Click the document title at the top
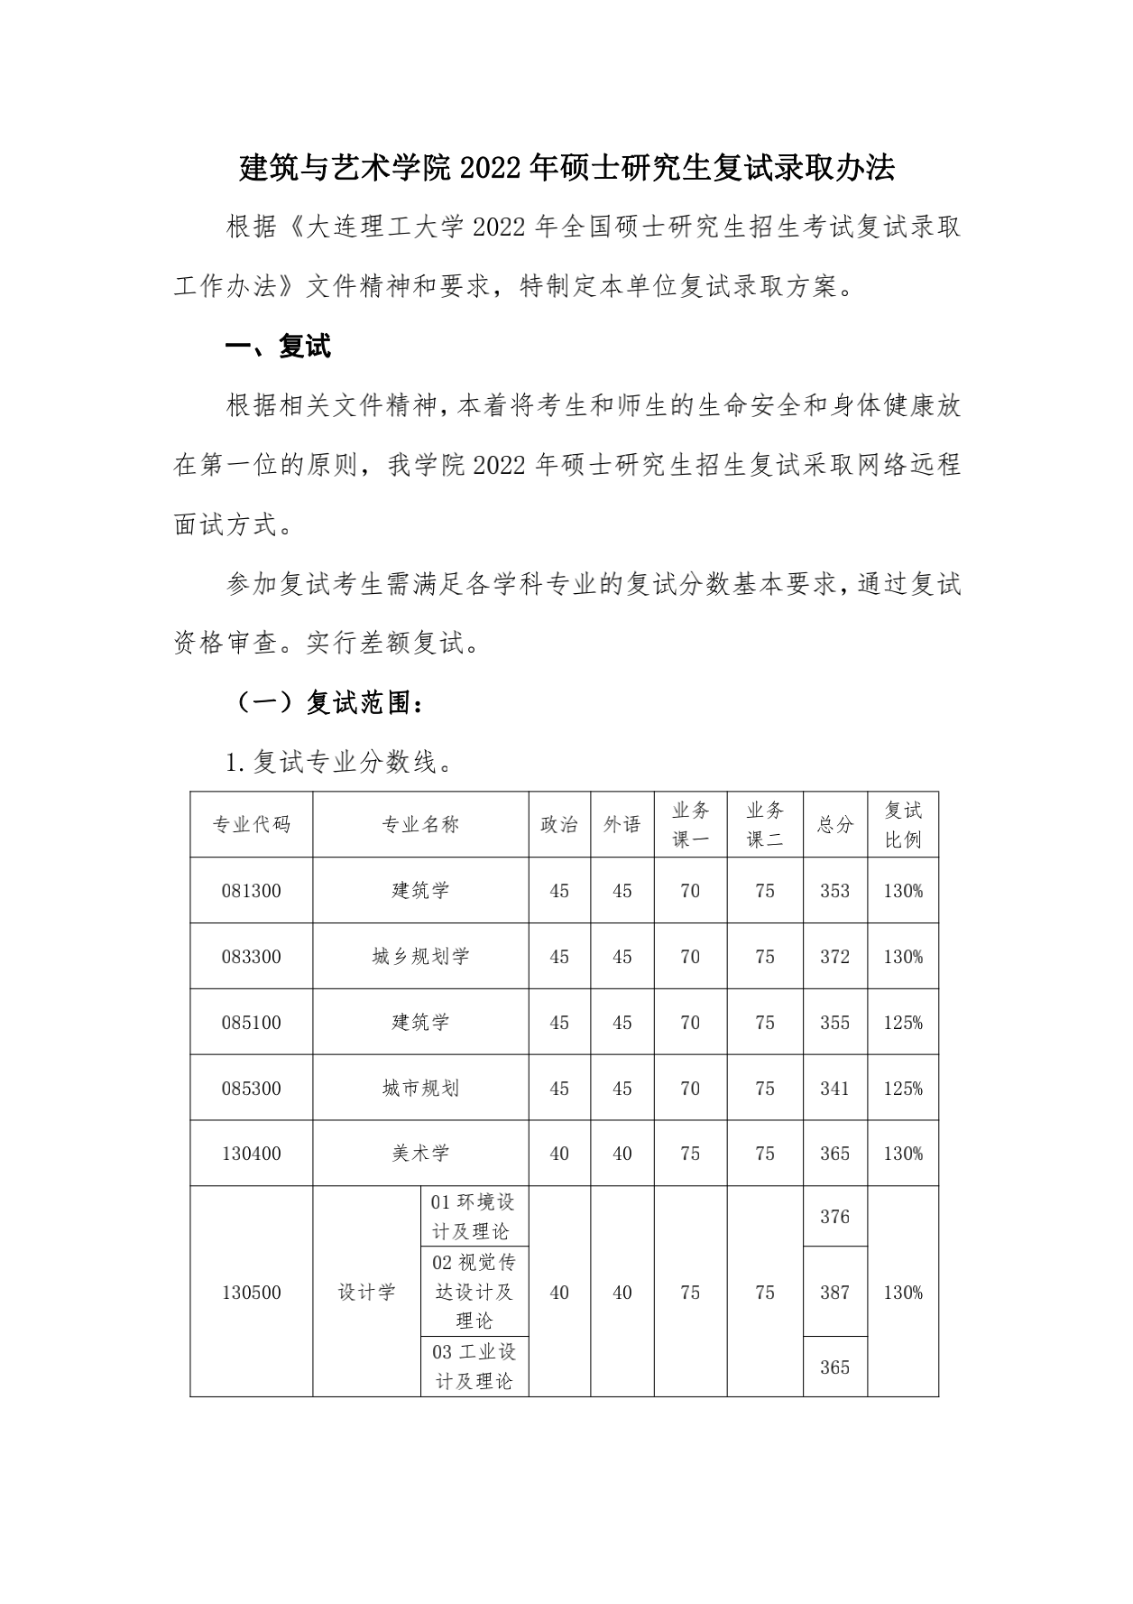pyautogui.click(x=566, y=168)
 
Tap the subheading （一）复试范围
pyautogui.click(x=329, y=703)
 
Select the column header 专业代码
pyautogui.click(x=252, y=824)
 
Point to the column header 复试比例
pyautogui.click(x=903, y=824)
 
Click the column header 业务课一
pyautogui.click(x=690, y=824)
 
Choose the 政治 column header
pyautogui.click(x=559, y=824)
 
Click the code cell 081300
pyautogui.click(x=252, y=891)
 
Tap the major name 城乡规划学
pyautogui.click(x=420, y=957)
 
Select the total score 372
pyautogui.click(x=835, y=957)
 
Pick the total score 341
pyautogui.click(x=835, y=1089)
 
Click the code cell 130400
pyautogui.click(x=252, y=1154)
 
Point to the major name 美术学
pyautogui.click(x=420, y=1154)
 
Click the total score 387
pyautogui.click(x=835, y=1293)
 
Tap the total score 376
pyautogui.click(x=835, y=1217)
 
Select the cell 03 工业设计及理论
pyautogui.click(x=474, y=1367)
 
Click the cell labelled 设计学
pyautogui.click(x=366, y=1293)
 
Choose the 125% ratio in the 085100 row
pyautogui.click(x=903, y=1023)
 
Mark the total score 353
pyautogui.click(x=835, y=891)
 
